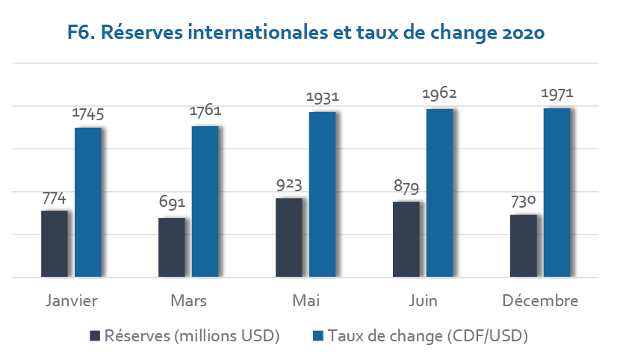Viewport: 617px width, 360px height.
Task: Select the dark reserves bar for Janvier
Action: point(55,244)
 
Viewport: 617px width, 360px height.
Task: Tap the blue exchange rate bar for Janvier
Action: point(87,202)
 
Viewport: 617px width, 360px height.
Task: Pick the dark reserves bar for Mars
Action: point(172,248)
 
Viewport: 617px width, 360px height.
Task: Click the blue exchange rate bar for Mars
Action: point(205,202)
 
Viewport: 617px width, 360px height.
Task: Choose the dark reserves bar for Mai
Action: point(289,238)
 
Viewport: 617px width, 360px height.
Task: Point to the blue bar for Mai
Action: point(322,195)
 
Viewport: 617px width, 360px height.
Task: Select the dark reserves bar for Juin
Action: point(406,240)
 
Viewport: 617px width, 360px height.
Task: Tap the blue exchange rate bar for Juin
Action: point(439,193)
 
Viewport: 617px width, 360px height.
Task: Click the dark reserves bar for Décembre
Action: point(523,246)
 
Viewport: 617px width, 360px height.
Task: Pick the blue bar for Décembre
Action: point(556,193)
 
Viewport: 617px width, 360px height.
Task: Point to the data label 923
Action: point(289,184)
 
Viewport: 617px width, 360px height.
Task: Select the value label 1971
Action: point(556,94)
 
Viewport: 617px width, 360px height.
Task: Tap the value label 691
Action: point(172,204)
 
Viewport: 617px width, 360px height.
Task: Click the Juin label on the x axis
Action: point(423,302)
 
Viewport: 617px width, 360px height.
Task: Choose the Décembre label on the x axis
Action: point(540,302)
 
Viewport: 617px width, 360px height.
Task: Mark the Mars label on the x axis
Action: point(188,302)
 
